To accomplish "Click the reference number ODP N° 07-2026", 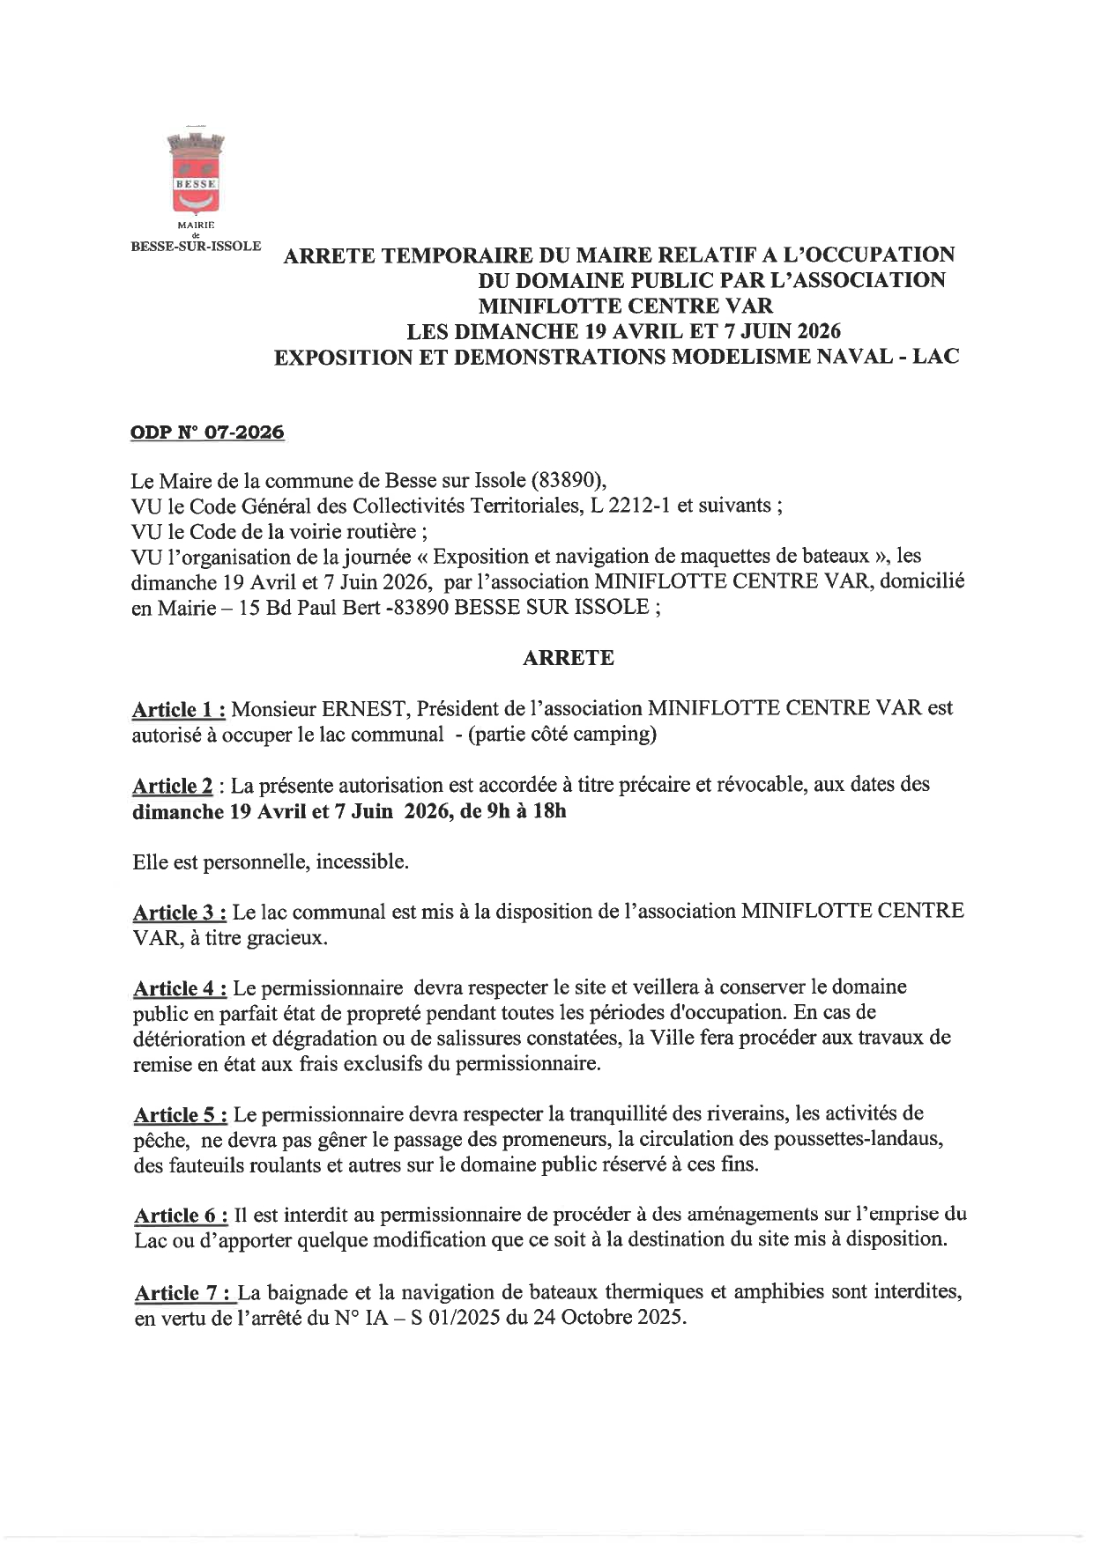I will tap(207, 432).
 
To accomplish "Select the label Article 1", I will tap(179, 709).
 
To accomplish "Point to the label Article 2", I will tap(172, 786).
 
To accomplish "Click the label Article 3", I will tap(180, 913).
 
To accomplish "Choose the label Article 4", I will tap(180, 988).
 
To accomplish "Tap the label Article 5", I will tap(181, 1115).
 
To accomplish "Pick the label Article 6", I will tap(181, 1216).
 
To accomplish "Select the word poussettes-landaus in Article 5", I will tap(859, 1140).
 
